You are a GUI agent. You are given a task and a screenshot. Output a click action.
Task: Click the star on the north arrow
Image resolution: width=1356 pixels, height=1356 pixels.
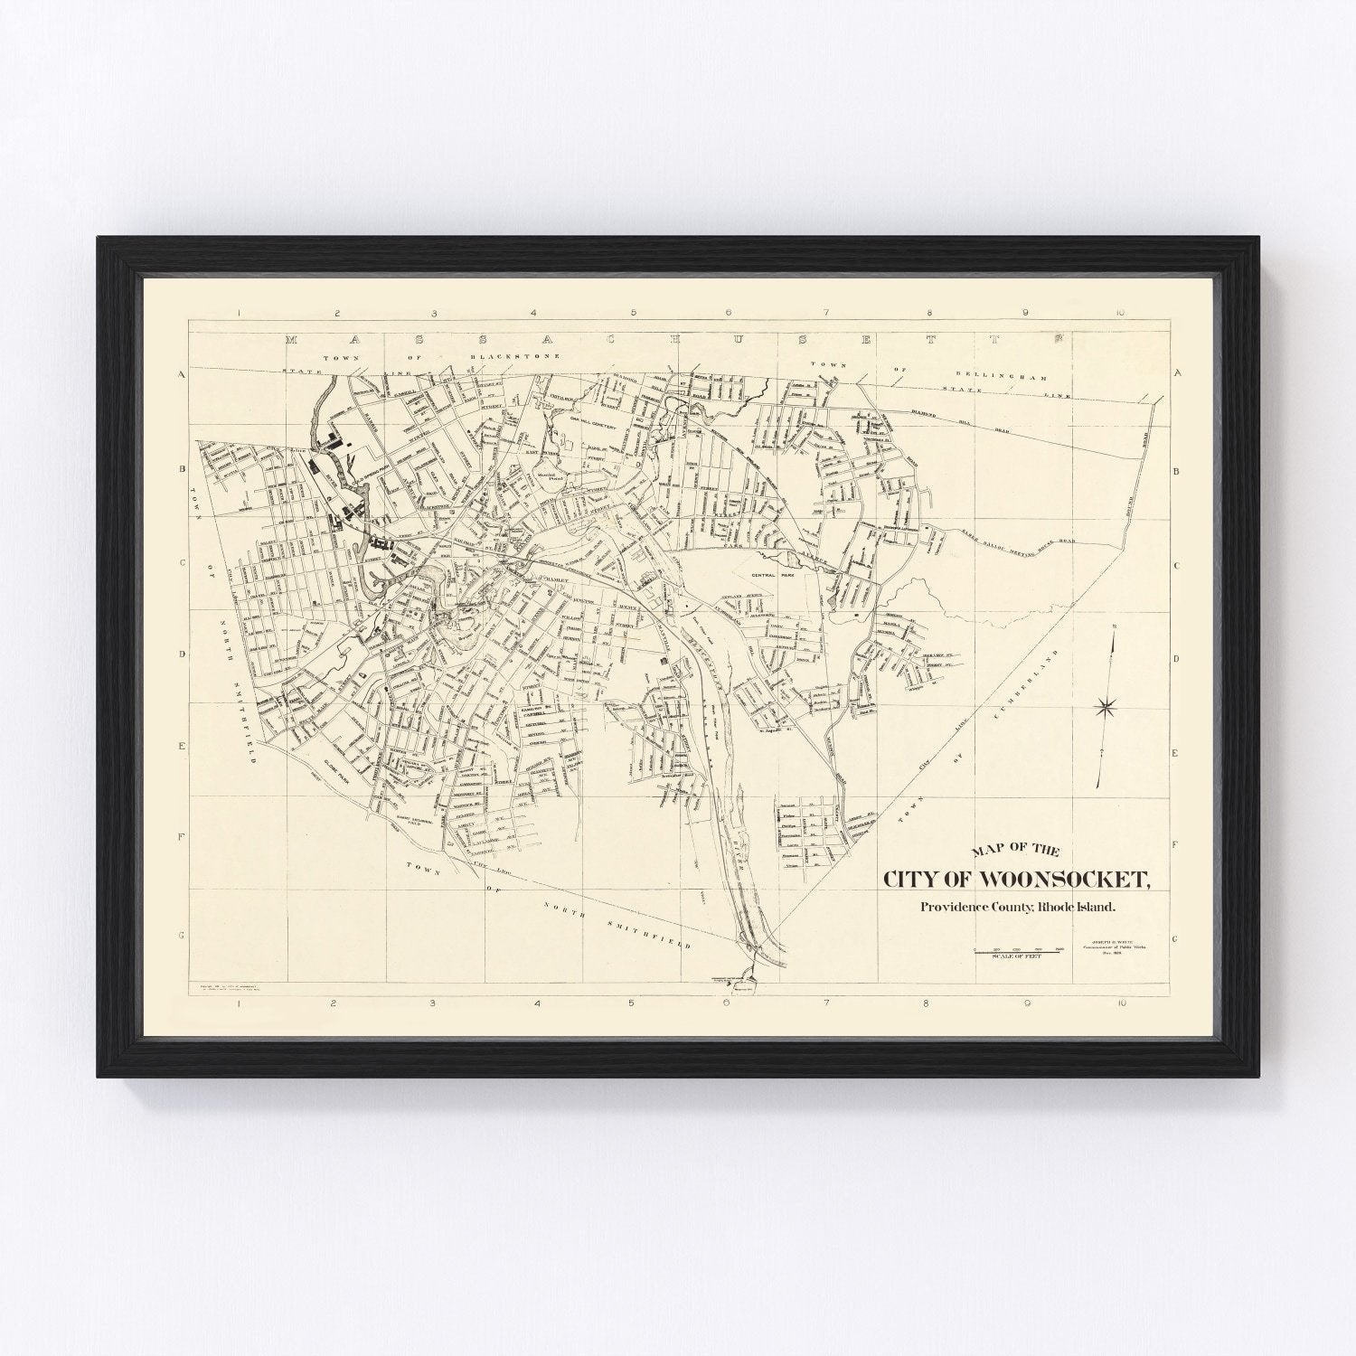(1105, 707)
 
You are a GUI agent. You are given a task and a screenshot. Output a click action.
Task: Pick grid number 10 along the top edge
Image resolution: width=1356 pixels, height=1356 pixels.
(1119, 313)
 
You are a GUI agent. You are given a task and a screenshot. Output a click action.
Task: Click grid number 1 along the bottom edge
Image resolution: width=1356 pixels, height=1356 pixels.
(237, 1003)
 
